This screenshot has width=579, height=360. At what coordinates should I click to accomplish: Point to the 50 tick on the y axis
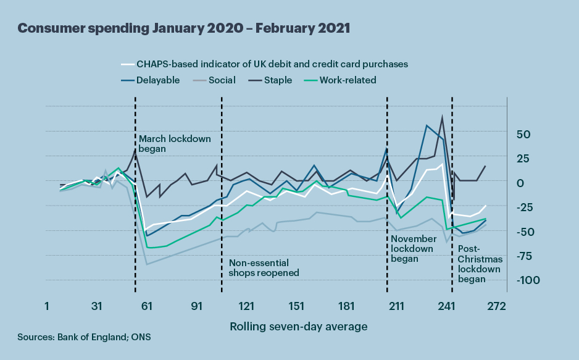click(x=523, y=134)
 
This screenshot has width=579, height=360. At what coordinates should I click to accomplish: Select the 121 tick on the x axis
click(x=246, y=306)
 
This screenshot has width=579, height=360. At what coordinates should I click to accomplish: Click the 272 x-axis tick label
click(x=496, y=306)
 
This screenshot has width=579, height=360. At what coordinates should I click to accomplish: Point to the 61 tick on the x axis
click(x=146, y=306)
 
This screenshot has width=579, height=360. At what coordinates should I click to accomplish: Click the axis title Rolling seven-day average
click(x=299, y=326)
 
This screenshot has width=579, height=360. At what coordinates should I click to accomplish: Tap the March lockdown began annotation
click(x=175, y=144)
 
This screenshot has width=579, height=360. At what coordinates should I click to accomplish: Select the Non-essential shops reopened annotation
click(x=264, y=267)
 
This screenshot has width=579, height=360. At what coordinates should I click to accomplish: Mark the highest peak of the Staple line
click(x=442, y=117)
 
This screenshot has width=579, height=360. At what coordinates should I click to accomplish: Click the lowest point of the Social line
click(x=146, y=264)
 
